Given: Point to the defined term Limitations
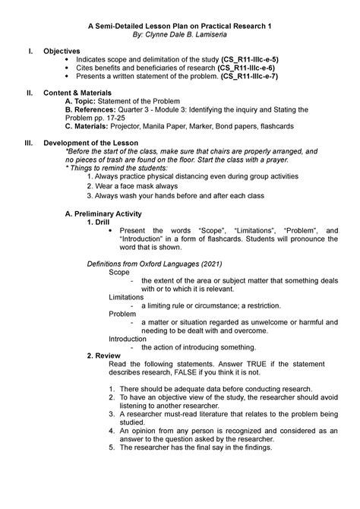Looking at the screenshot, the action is point(126,296).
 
